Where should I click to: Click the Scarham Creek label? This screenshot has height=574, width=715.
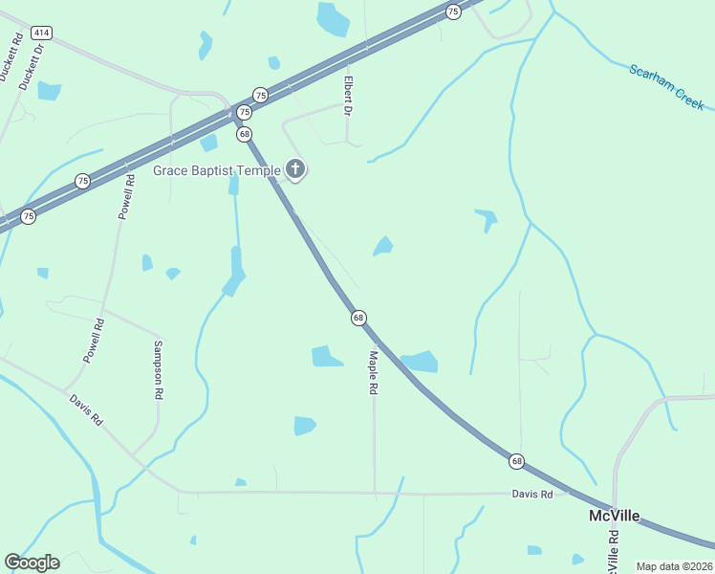tap(666, 86)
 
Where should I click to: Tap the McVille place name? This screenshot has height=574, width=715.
tap(614, 516)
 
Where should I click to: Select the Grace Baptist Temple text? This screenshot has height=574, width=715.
tap(217, 171)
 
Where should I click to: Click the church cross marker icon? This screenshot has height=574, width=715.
tap(295, 170)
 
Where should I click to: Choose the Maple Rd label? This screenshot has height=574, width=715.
tap(374, 373)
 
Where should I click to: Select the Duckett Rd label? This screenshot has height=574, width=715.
tap(11, 58)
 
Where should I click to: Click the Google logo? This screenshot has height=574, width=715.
tap(32, 563)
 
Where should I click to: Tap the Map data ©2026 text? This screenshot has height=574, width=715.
tap(674, 566)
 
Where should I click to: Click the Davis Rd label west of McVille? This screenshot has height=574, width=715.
tap(531, 495)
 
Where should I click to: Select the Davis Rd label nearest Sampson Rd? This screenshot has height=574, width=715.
tap(85, 410)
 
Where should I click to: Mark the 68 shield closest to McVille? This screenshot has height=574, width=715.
tap(517, 461)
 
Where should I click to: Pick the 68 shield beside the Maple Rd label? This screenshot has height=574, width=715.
tap(358, 318)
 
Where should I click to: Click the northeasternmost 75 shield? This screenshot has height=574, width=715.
tap(453, 11)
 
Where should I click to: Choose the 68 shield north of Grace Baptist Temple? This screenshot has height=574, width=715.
tap(245, 134)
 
